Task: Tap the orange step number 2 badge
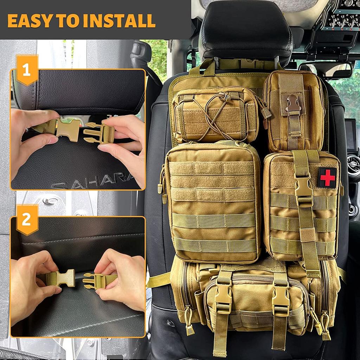tap(27, 220)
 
